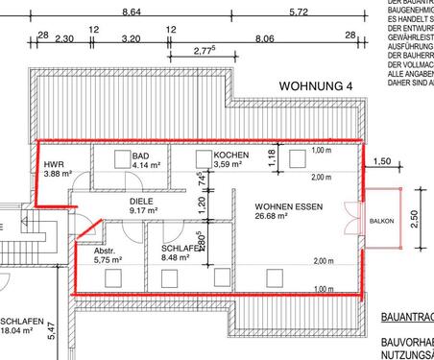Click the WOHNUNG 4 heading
(x=316, y=86)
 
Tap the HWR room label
(x=55, y=164)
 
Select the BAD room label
(x=140, y=155)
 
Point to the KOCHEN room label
(x=232, y=155)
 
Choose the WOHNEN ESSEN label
(x=288, y=206)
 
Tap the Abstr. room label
(x=108, y=248)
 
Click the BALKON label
(x=381, y=222)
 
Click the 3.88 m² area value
(x=59, y=175)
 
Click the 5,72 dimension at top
(x=299, y=12)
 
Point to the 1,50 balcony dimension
(x=382, y=162)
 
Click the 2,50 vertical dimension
(x=415, y=221)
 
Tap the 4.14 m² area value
(x=144, y=165)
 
